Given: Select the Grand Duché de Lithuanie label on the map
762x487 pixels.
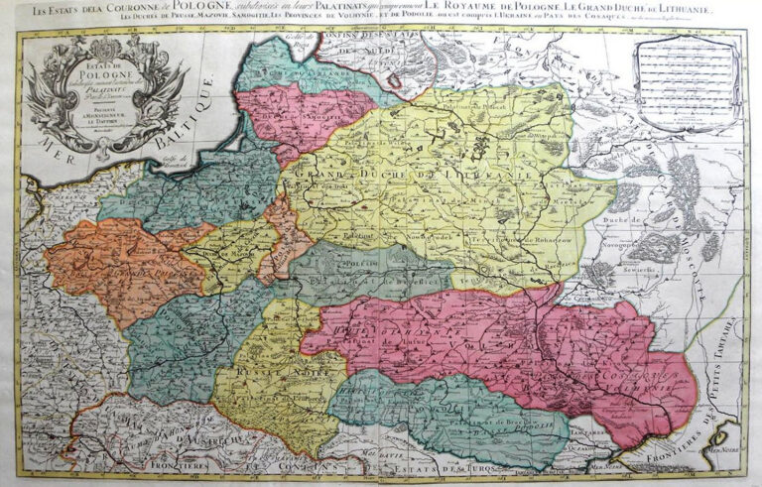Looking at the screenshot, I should coord(407,183).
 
